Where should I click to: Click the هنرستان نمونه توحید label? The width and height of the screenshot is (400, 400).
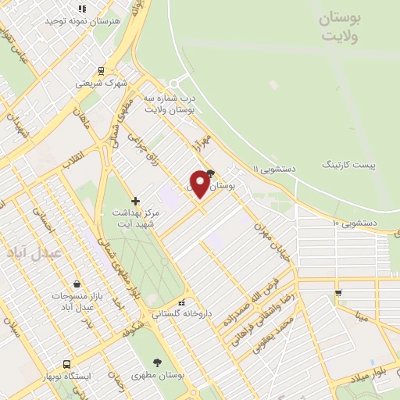click(116, 21)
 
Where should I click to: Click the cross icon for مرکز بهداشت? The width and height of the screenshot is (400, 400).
click(136, 201)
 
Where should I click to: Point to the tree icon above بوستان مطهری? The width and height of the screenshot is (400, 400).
click(159, 362)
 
